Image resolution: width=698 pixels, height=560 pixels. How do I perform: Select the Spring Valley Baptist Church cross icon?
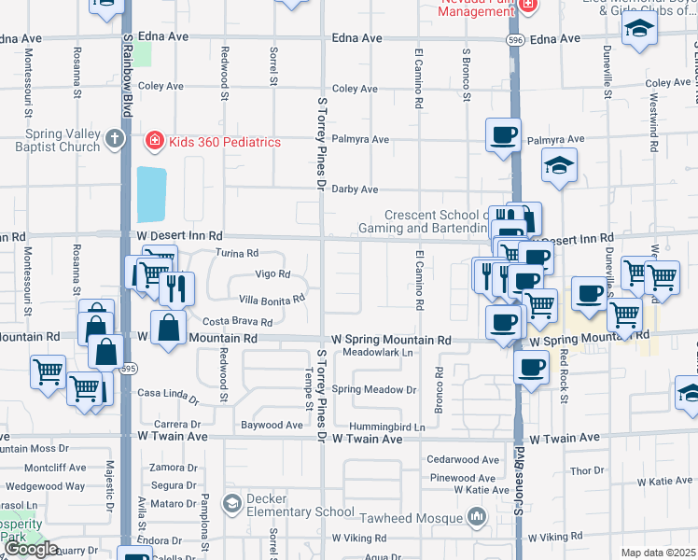(x=115, y=140)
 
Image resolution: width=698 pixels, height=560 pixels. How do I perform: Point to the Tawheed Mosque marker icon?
(x=477, y=516)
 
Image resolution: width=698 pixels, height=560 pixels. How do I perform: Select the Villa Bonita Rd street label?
(x=272, y=300)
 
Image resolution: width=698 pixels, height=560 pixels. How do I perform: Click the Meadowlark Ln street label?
(x=377, y=353)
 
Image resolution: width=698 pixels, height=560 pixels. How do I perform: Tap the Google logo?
(x=31, y=549)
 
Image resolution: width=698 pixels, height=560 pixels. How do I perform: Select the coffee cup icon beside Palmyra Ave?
(x=503, y=134)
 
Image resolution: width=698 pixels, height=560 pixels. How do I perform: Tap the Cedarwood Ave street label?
(x=463, y=459)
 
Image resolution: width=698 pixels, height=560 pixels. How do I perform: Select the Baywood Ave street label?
(x=272, y=425)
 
